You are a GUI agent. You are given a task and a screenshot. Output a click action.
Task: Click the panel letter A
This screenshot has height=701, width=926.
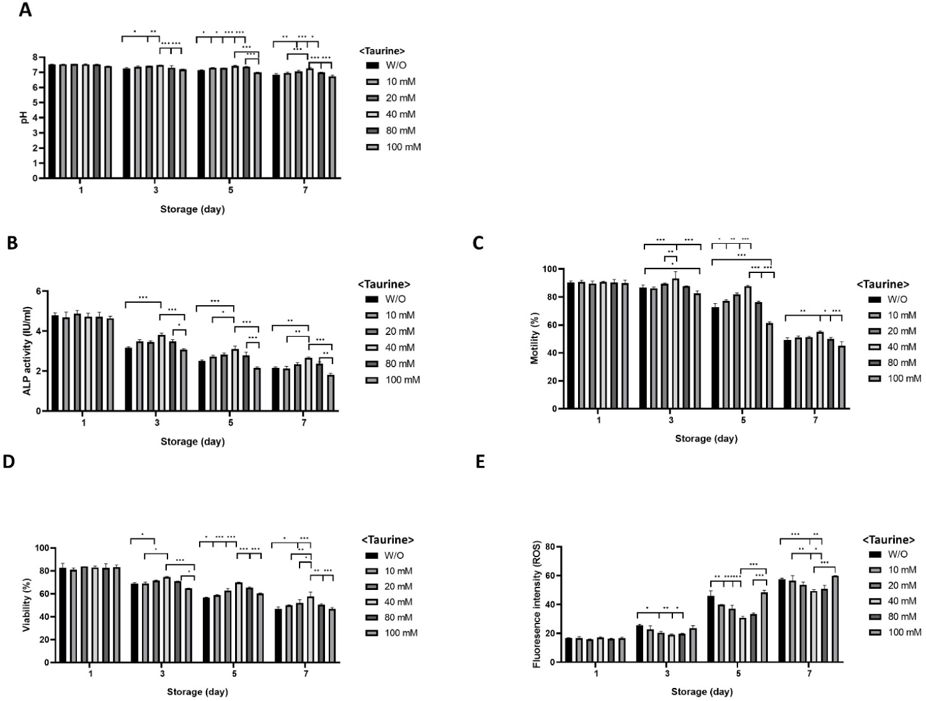coord(25,11)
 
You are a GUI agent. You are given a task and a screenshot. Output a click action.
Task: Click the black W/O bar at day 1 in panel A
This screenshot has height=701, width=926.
coord(52,122)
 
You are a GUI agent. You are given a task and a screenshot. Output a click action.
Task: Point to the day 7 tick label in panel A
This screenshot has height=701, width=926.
coord(305,190)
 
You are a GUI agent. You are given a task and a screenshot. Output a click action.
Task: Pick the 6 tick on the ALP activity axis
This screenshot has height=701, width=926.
coord(38,292)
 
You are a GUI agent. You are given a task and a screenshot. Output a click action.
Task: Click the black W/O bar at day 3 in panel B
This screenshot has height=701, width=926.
coord(128,379)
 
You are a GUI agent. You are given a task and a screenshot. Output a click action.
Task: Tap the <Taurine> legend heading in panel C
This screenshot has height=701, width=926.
coord(883,284)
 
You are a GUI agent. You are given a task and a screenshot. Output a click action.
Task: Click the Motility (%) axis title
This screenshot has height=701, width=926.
coord(534,339)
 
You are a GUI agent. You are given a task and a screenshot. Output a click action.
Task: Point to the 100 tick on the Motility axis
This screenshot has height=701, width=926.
coord(548,269)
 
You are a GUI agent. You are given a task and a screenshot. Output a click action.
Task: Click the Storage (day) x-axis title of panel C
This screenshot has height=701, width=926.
coord(706,439)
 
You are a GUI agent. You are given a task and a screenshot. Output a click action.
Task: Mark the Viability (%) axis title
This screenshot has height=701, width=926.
coord(27,605)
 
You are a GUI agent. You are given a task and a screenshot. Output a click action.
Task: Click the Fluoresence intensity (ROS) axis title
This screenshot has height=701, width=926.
coord(536,605)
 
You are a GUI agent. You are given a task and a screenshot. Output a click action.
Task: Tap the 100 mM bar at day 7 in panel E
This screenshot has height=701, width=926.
coord(835,619)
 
